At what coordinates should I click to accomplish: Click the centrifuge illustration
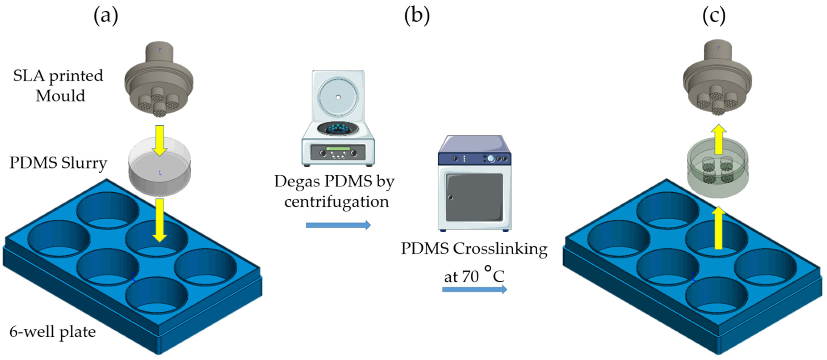338,128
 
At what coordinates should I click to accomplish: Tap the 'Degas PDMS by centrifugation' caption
334,191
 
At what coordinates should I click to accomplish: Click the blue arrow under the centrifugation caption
338,225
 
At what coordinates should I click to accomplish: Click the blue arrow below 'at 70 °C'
474,290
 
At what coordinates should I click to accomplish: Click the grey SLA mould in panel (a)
159,80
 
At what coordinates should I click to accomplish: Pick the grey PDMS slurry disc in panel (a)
160,174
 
